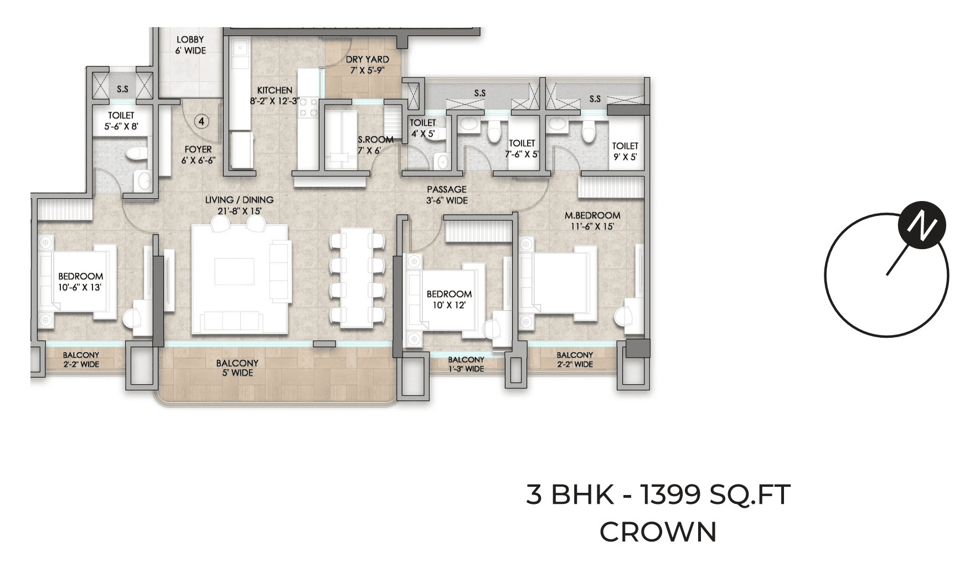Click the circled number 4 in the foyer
coord(202,121)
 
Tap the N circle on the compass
coord(921,225)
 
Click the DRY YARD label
coord(367,65)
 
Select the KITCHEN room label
coord(275,95)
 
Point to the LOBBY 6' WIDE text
coord(190,45)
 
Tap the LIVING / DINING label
coord(239,205)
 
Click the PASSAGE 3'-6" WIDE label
coord(447,195)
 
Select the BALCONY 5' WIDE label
coord(238,368)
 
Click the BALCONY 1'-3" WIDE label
coord(466,364)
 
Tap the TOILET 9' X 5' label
coord(625,151)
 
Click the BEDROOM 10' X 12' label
coord(449,299)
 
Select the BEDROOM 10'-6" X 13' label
coord(81,281)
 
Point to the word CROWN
coord(658,532)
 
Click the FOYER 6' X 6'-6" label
coord(198,154)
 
